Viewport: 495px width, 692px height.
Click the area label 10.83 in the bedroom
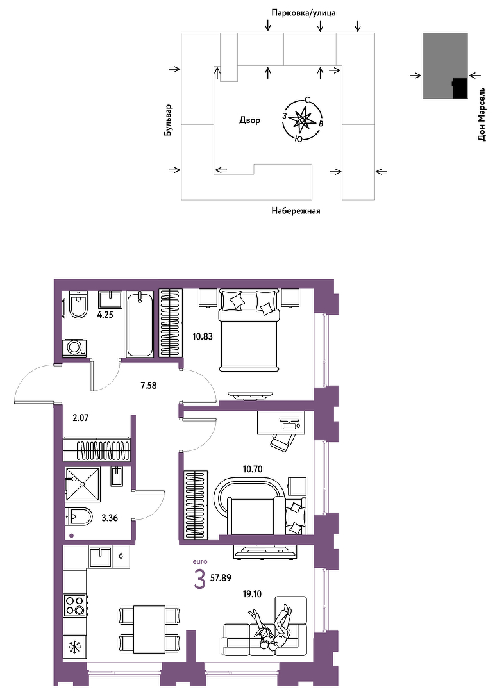point(203,336)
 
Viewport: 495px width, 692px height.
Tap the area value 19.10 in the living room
point(251,594)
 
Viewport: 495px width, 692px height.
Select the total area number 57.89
point(221,578)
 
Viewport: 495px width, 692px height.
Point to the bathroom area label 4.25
point(106,315)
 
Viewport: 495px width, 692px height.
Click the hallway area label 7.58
point(148,386)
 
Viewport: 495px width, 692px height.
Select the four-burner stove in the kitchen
point(74,605)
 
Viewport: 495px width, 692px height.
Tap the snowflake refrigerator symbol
point(74,648)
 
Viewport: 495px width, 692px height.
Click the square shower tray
point(83,484)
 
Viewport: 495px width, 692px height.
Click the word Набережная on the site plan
point(296,211)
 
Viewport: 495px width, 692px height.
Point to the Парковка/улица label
point(303,13)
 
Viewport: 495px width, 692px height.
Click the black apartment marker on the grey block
point(460,88)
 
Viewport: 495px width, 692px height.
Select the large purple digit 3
point(200,579)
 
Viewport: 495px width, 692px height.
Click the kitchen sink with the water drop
point(101,557)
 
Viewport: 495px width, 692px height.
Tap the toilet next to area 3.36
point(79,516)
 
